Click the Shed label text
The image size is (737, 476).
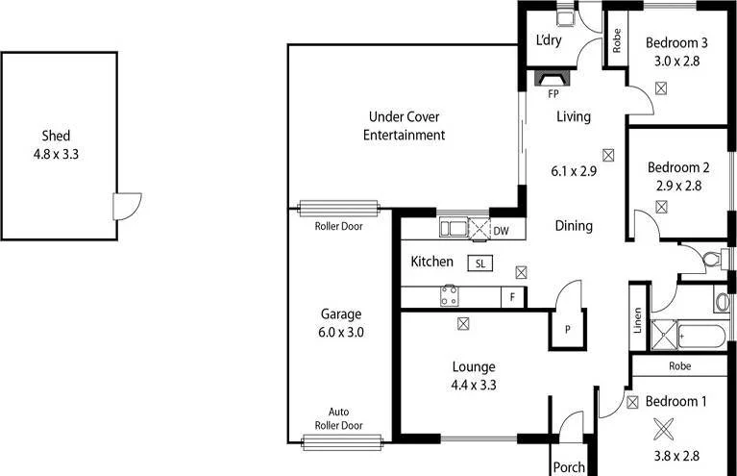[x=56, y=137]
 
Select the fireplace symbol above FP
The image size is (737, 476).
[x=553, y=78]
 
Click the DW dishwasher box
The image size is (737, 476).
[x=501, y=230]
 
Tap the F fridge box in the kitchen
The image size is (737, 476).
[x=513, y=297]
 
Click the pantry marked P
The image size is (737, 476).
[x=568, y=329]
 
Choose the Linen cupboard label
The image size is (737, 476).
[x=638, y=319]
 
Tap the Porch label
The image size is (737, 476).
[x=569, y=467]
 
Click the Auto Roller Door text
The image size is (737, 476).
[x=346, y=417]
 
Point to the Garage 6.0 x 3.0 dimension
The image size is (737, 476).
[x=342, y=333]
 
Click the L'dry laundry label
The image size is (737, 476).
[x=551, y=40]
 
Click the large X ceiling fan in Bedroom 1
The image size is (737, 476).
[x=661, y=429]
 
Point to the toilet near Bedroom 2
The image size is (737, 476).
[x=711, y=258]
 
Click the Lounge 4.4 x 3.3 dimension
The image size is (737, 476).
[x=473, y=385]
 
